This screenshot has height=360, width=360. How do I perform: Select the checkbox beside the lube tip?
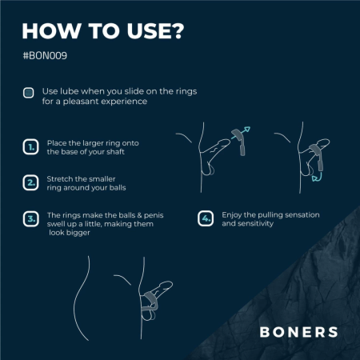click(x=28, y=93)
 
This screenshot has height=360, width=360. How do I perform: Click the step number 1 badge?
click(x=30, y=147)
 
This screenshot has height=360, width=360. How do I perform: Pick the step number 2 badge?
click(x=30, y=182)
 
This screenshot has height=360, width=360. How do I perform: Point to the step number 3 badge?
click(x=30, y=218)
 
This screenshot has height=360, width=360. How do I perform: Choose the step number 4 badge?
click(x=206, y=218)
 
